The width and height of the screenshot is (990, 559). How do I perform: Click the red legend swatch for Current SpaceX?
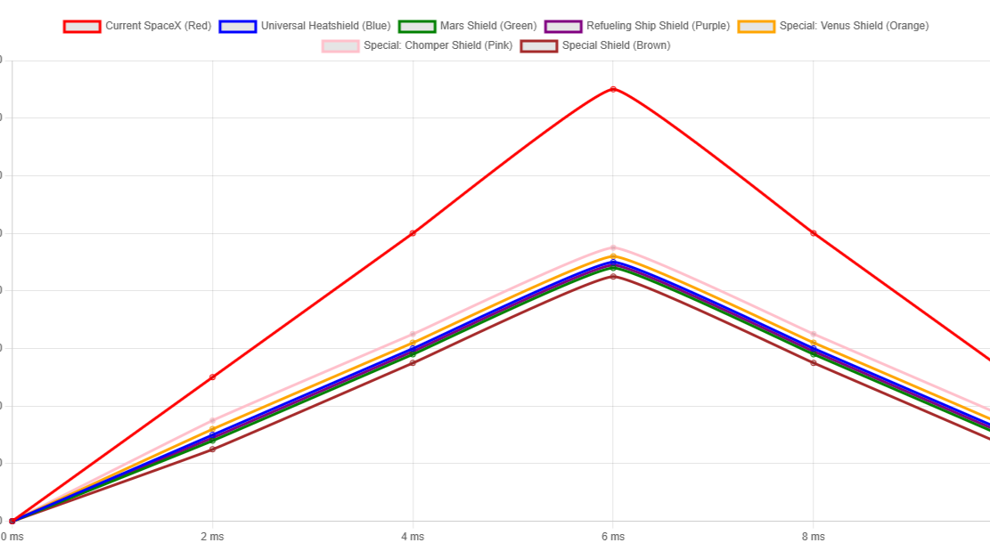point(81,26)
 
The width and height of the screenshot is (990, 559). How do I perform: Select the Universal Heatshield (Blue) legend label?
point(325,26)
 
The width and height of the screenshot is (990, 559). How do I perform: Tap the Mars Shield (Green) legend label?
point(488,26)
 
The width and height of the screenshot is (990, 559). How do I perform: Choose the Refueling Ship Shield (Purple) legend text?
point(658,26)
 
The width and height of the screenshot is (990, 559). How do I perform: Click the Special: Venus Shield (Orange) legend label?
point(854,26)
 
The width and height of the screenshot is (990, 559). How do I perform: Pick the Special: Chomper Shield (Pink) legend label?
point(438,45)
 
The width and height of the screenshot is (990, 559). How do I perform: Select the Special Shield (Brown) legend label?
point(616,45)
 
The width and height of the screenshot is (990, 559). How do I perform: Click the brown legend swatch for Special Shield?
point(539,45)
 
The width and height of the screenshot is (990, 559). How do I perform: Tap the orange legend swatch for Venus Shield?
point(757,26)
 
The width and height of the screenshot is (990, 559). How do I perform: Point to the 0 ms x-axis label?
point(12,537)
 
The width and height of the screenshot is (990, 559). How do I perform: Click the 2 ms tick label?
point(212,537)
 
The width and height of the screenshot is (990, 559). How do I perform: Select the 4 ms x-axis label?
point(413,537)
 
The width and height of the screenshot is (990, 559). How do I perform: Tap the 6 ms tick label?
point(613,537)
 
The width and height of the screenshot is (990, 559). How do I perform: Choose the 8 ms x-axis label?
point(813,537)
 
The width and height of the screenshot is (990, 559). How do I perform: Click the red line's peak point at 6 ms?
point(613,89)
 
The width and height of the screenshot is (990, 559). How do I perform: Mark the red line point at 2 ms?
point(212,377)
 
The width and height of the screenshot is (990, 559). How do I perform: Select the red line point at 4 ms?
point(413,233)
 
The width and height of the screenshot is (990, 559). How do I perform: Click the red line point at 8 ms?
point(813,233)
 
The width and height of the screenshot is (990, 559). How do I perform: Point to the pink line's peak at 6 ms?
point(613,247)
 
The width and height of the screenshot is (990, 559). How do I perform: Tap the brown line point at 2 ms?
point(212,450)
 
